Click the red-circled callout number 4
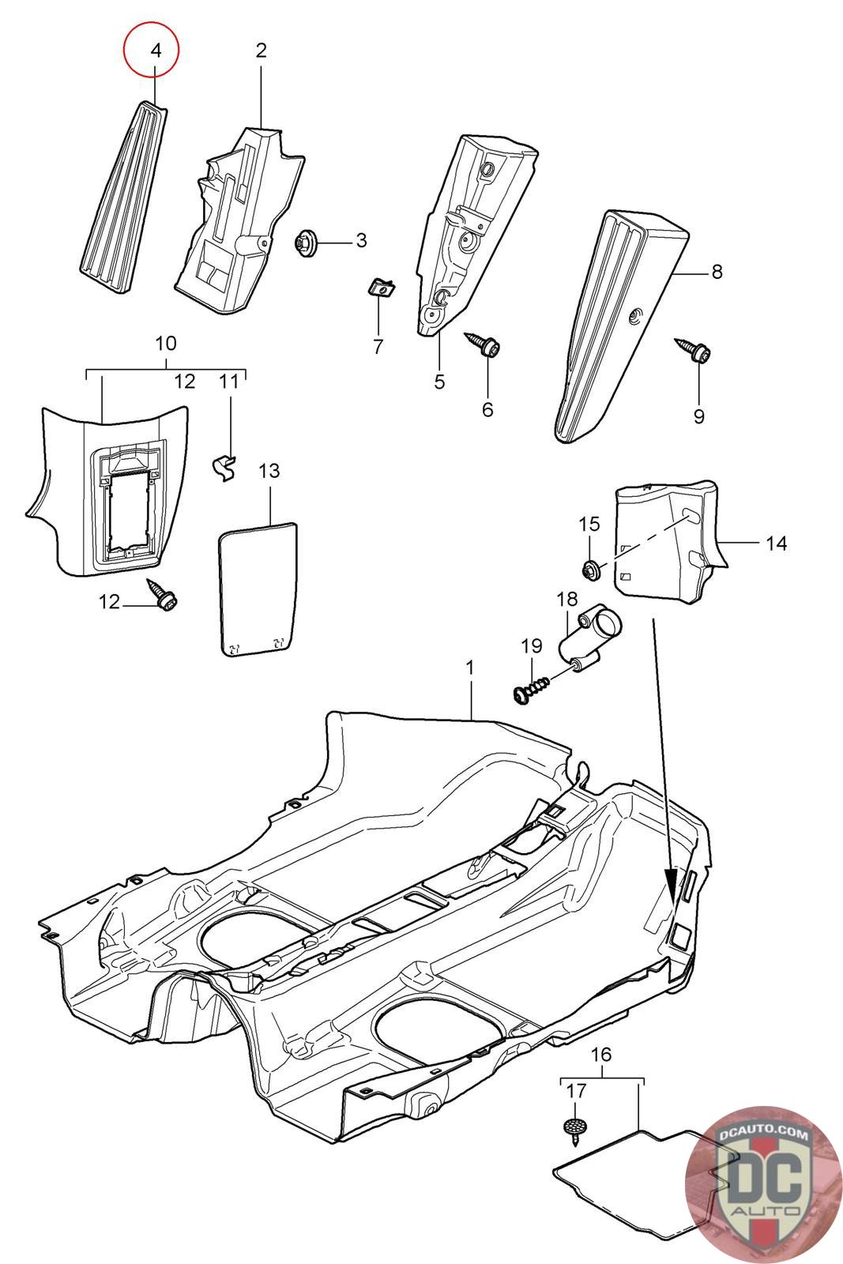click(156, 51)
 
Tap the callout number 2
click(261, 51)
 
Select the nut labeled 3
click(307, 243)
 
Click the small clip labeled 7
click(380, 288)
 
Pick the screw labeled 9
click(693, 350)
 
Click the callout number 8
click(717, 272)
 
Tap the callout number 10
click(166, 343)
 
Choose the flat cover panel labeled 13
click(258, 589)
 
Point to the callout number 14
click(777, 544)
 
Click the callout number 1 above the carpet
click(469, 668)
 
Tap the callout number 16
click(601, 1054)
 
